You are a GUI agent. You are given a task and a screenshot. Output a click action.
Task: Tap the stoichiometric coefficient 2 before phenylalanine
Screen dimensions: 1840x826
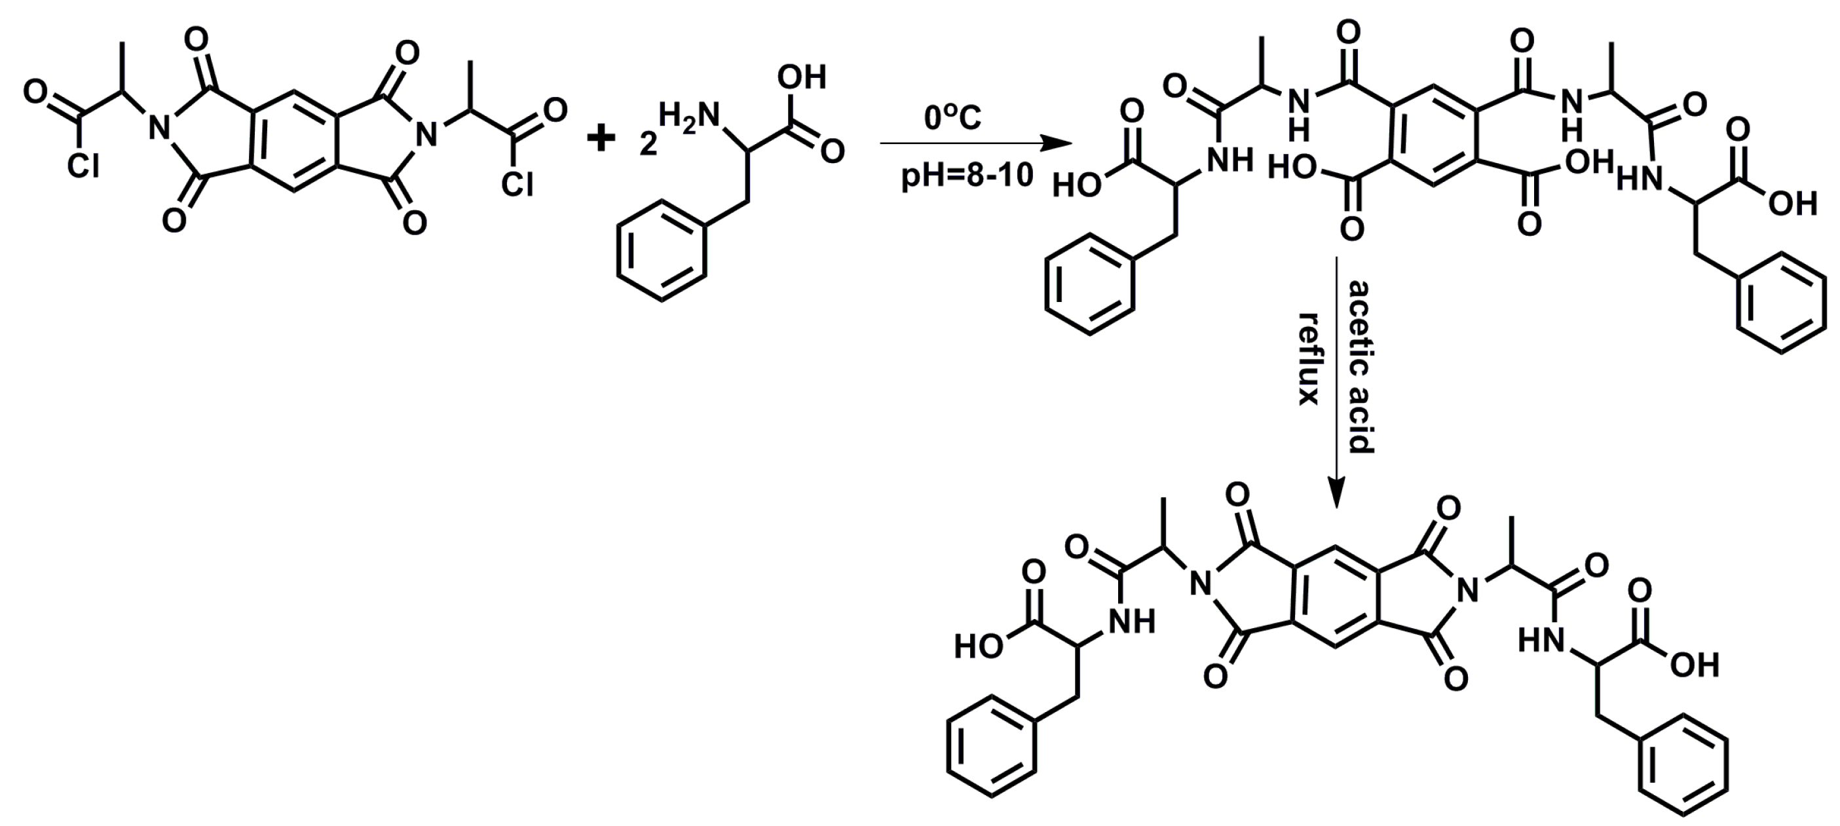click(648, 145)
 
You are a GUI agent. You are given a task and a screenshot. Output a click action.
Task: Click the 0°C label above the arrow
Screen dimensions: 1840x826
click(952, 118)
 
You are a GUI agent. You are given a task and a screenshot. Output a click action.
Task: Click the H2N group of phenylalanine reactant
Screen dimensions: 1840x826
click(688, 117)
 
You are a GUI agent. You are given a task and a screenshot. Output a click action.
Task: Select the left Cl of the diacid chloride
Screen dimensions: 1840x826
click(84, 166)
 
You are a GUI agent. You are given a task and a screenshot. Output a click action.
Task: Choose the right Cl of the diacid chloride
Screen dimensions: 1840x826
click(516, 185)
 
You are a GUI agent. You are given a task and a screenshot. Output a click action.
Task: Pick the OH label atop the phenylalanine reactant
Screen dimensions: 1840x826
click(801, 77)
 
